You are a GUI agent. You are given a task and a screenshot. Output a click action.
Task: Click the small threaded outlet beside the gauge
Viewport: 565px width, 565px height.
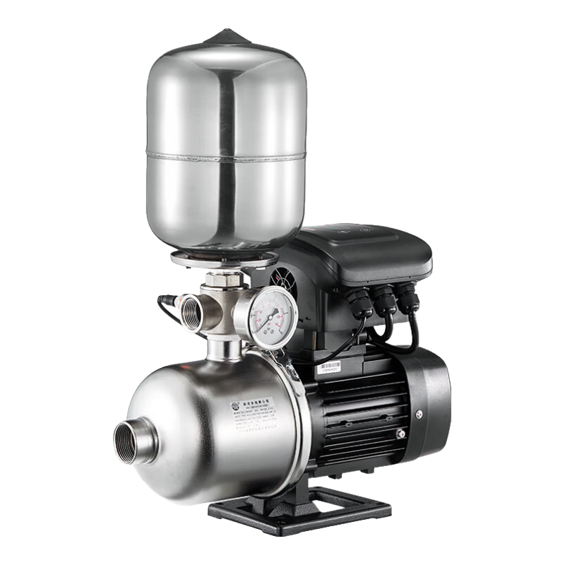(191, 311)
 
